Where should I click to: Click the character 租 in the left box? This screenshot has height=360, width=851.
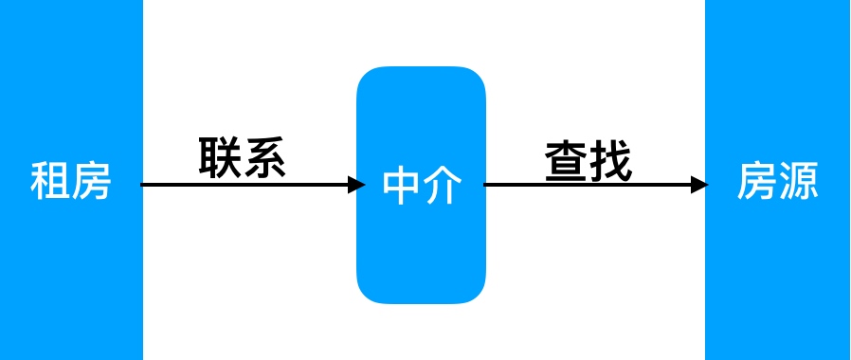tap(50, 181)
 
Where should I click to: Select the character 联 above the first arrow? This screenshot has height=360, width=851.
tap(221, 157)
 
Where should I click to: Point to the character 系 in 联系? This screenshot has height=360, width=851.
tap(264, 157)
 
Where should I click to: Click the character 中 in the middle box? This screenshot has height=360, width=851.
tap(401, 186)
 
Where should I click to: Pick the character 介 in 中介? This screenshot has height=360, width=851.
tap(443, 186)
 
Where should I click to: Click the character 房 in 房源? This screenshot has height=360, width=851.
tap(757, 181)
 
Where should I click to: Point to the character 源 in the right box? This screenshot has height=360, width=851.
tap(798, 181)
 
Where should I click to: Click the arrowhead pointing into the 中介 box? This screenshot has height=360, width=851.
tap(356, 185)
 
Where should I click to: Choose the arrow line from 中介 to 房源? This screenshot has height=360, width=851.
tap(588, 185)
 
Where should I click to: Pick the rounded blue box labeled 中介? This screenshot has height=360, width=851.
tap(421, 256)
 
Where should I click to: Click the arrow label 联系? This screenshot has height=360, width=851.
tap(243, 157)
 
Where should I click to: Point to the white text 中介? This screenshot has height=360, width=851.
tap(422, 186)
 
